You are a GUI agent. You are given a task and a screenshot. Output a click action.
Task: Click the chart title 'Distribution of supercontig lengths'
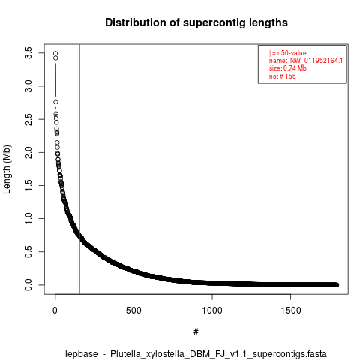196,22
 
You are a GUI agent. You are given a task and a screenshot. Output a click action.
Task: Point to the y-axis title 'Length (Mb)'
7,169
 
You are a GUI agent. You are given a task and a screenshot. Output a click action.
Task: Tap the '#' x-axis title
196,332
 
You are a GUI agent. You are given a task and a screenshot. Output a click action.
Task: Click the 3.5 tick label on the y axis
28,53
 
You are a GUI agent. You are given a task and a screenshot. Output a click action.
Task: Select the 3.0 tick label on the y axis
28,86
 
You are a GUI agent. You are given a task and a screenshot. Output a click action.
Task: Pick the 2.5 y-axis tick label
28,119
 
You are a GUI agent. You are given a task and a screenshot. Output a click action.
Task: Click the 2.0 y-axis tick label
28,152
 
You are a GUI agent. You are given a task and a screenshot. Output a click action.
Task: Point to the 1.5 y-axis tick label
28,185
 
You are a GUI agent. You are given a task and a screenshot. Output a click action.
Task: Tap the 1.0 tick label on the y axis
28,218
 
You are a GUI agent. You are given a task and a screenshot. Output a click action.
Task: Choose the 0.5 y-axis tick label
28,251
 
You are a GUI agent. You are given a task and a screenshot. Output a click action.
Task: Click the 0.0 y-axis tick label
28,284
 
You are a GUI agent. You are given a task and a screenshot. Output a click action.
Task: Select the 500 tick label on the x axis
133,310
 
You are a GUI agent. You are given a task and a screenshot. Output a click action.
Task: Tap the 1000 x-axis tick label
212,310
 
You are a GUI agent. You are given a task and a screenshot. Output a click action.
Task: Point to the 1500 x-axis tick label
291,310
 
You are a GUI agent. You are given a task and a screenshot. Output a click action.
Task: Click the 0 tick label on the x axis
55,310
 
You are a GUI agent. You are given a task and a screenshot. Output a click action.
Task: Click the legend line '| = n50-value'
288,53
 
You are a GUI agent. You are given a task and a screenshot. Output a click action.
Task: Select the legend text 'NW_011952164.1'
316,61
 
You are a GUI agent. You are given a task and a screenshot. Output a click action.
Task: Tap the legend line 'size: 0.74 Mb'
288,68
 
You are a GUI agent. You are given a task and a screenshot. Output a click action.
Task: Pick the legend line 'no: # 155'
283,76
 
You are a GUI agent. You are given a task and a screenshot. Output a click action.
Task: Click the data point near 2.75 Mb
55,102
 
